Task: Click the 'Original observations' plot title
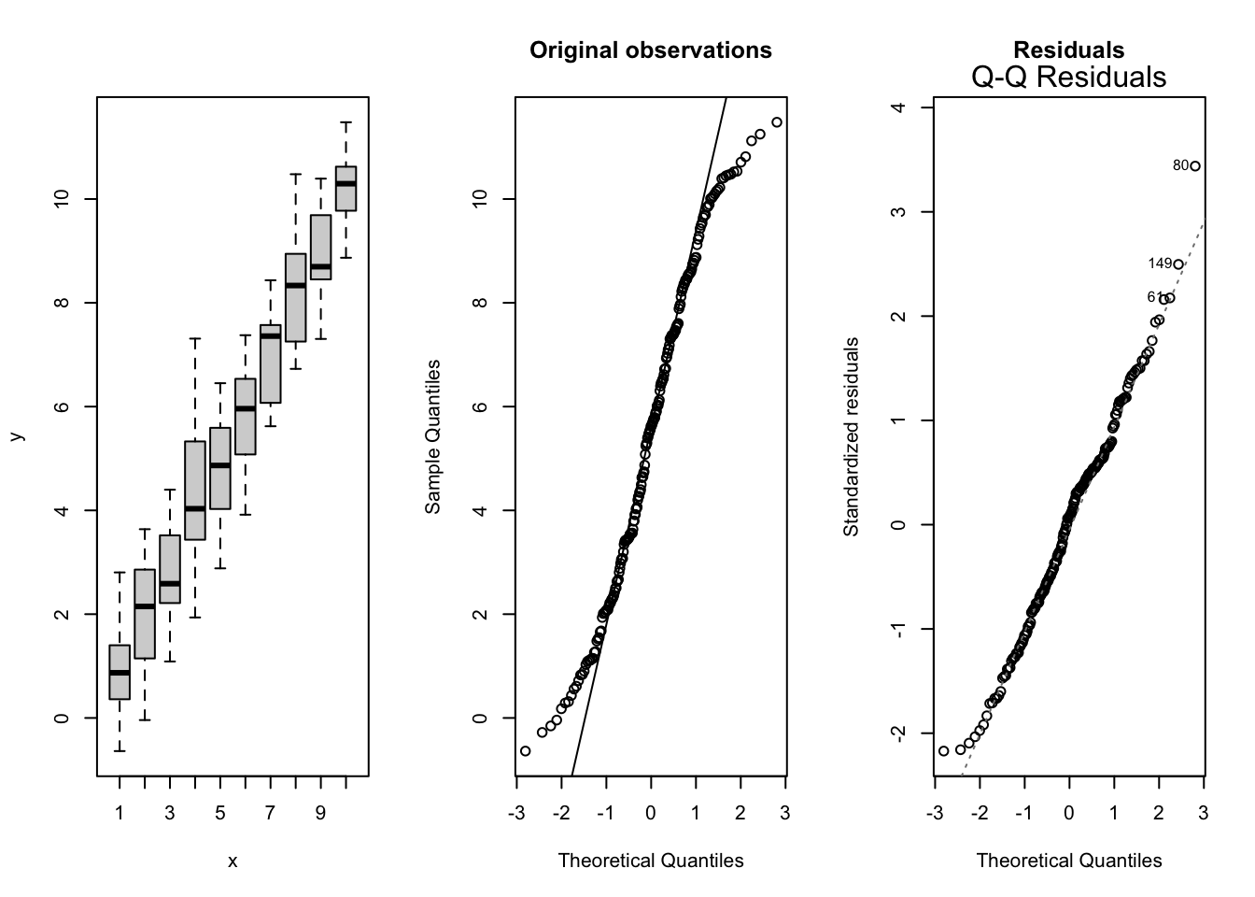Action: coord(650,50)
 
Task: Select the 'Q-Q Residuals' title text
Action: coord(1068,77)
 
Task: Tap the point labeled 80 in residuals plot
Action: coord(1194,166)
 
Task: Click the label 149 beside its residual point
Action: coord(1159,264)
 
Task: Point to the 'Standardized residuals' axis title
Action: coord(851,437)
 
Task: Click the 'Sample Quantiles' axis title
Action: coord(432,437)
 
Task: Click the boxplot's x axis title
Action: coord(233,861)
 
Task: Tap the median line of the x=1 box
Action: coord(120,673)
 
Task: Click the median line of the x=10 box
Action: coord(345,184)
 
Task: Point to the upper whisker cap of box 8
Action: coord(295,175)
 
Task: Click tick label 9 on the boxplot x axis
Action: coord(320,813)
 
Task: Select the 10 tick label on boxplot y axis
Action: coord(62,199)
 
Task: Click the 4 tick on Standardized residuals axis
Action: coord(898,107)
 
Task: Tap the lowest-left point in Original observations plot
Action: coord(525,751)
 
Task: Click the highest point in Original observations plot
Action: coord(777,122)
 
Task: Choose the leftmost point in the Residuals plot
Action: coord(943,751)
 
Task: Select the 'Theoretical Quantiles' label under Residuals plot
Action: coord(1068,861)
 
